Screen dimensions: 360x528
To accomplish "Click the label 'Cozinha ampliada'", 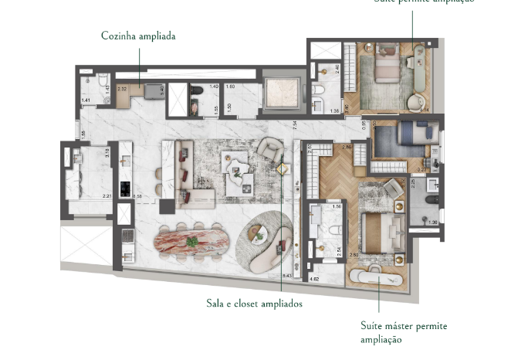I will click(x=139, y=36).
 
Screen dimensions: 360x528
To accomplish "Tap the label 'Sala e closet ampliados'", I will click(x=254, y=304).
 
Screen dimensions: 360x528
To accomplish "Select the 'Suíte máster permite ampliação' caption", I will click(x=403, y=332).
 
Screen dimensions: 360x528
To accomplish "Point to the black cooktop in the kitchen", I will click(x=125, y=188).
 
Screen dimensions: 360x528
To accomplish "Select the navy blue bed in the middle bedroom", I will click(x=402, y=140).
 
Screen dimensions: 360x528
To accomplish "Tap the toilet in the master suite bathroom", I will click(x=333, y=230).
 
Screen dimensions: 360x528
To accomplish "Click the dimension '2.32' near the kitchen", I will click(x=122, y=89).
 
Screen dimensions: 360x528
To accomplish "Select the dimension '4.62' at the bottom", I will click(x=314, y=278).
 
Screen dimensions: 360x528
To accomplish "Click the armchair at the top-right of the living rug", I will click(x=269, y=147).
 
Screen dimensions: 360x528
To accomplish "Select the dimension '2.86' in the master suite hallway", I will click(x=347, y=147).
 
